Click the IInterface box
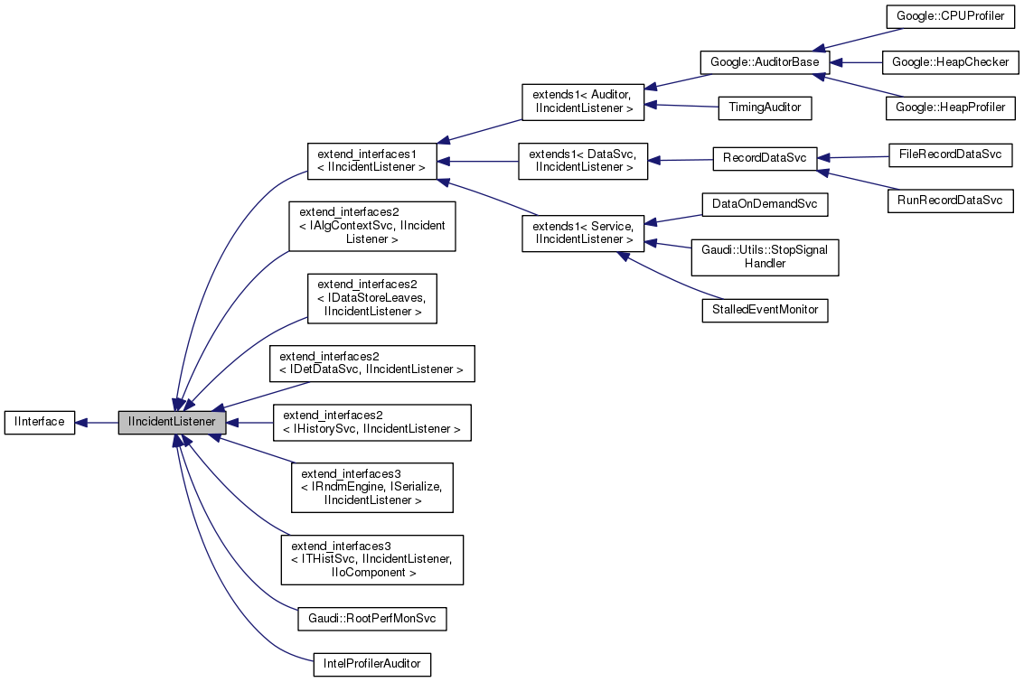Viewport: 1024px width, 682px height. [x=39, y=422]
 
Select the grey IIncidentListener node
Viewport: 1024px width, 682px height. [x=171, y=422]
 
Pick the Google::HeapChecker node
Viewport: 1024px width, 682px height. [x=950, y=62]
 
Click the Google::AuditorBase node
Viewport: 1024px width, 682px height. [x=765, y=62]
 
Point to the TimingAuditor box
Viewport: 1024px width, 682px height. [x=765, y=107]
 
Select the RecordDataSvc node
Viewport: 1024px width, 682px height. [x=765, y=158]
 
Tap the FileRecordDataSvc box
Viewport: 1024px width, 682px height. [x=950, y=153]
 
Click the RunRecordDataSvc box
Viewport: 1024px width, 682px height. [x=950, y=201]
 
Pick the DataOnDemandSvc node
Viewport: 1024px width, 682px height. [x=765, y=204]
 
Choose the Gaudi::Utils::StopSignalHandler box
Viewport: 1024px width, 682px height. [x=765, y=257]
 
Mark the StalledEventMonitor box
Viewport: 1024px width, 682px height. [x=765, y=310]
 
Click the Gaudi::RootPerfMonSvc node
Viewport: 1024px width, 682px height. [x=372, y=619]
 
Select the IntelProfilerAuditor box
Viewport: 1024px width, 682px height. [x=371, y=664]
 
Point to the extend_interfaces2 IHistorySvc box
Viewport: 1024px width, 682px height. [x=372, y=422]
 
